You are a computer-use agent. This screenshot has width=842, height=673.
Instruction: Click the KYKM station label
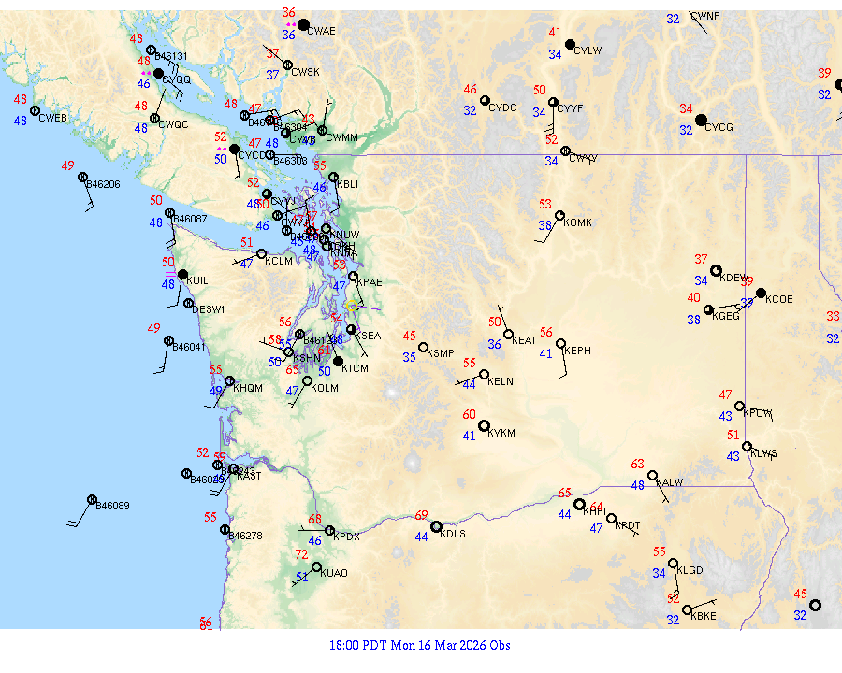[x=502, y=434]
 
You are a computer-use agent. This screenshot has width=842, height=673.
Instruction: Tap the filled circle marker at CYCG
[x=701, y=120]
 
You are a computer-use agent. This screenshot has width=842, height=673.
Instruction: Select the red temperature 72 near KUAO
[x=301, y=554]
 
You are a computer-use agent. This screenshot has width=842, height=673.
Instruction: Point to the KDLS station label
[x=453, y=534]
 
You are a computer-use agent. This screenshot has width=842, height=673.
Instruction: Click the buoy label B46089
[x=113, y=506]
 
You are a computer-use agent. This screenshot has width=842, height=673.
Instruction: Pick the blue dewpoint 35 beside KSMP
[x=410, y=357]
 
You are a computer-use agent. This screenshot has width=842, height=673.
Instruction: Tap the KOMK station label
[x=578, y=222]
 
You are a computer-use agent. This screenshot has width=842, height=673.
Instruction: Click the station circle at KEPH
[x=560, y=344]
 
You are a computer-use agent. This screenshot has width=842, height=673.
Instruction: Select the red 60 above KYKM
[x=470, y=415]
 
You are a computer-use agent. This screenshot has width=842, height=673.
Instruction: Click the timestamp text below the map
[x=420, y=645]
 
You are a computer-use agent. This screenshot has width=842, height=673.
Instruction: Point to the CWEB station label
[x=53, y=118]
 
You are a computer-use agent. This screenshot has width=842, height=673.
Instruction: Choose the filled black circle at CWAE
[x=303, y=24]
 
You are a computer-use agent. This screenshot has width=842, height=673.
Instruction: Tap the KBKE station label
[x=703, y=616]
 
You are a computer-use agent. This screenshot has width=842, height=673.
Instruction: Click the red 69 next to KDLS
[x=422, y=515]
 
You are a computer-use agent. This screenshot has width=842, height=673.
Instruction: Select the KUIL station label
[x=197, y=280]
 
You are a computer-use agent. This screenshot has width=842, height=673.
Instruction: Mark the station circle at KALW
[x=652, y=475]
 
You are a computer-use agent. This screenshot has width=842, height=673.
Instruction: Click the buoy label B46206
[x=103, y=184]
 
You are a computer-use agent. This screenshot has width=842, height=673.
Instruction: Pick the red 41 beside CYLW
[x=555, y=33]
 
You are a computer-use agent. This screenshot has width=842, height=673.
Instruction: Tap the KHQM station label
[x=248, y=388]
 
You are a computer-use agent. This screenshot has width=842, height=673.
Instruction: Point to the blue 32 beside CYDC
[x=470, y=110]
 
